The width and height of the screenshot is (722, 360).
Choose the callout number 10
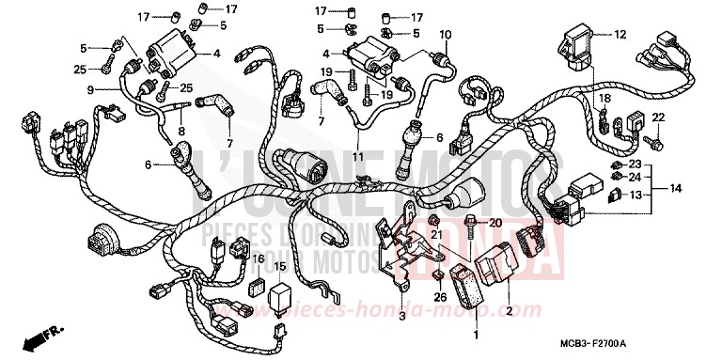coord(445,35)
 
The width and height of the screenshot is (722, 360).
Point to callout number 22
coord(658,117)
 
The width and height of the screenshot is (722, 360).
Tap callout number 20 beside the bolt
coord(495,222)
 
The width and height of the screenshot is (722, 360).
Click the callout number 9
coord(91,89)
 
